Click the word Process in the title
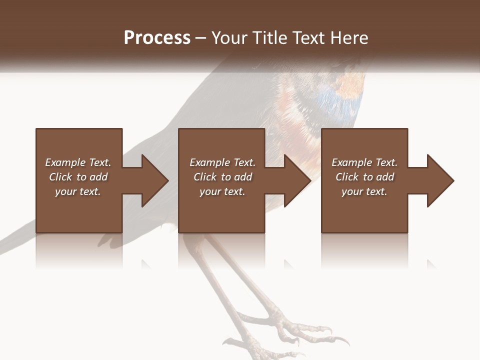click(157, 38)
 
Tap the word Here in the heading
click(350, 38)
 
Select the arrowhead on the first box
click(153, 180)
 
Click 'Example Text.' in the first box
click(78, 162)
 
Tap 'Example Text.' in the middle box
click(222, 162)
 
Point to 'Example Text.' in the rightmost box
click(364, 162)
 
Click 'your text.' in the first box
click(78, 191)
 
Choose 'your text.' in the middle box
click(222, 191)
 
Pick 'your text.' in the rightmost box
click(364, 191)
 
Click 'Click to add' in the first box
click(78, 177)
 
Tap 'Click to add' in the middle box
click(222, 177)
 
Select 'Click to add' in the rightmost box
click(364, 177)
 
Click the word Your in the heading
click(229, 38)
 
